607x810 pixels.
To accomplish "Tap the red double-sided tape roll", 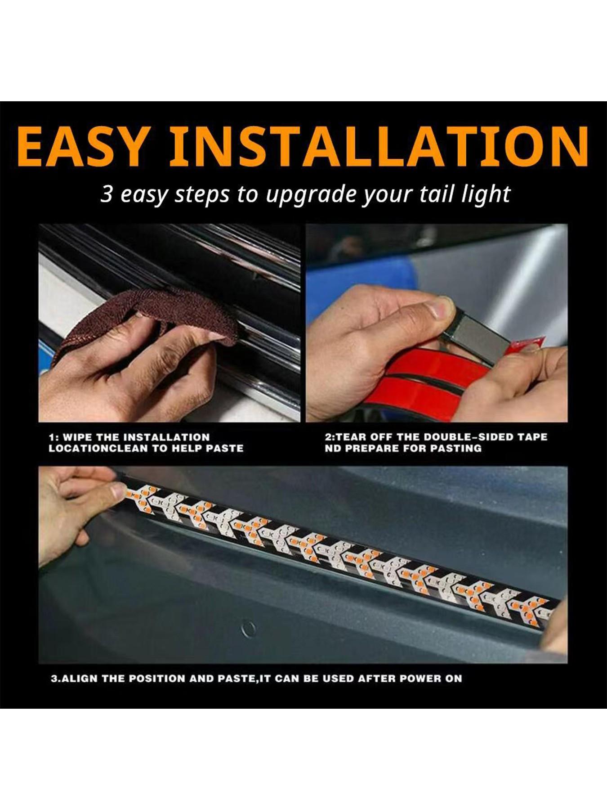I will (x=418, y=382).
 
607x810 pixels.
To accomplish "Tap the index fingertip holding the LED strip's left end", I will (x=118, y=490).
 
